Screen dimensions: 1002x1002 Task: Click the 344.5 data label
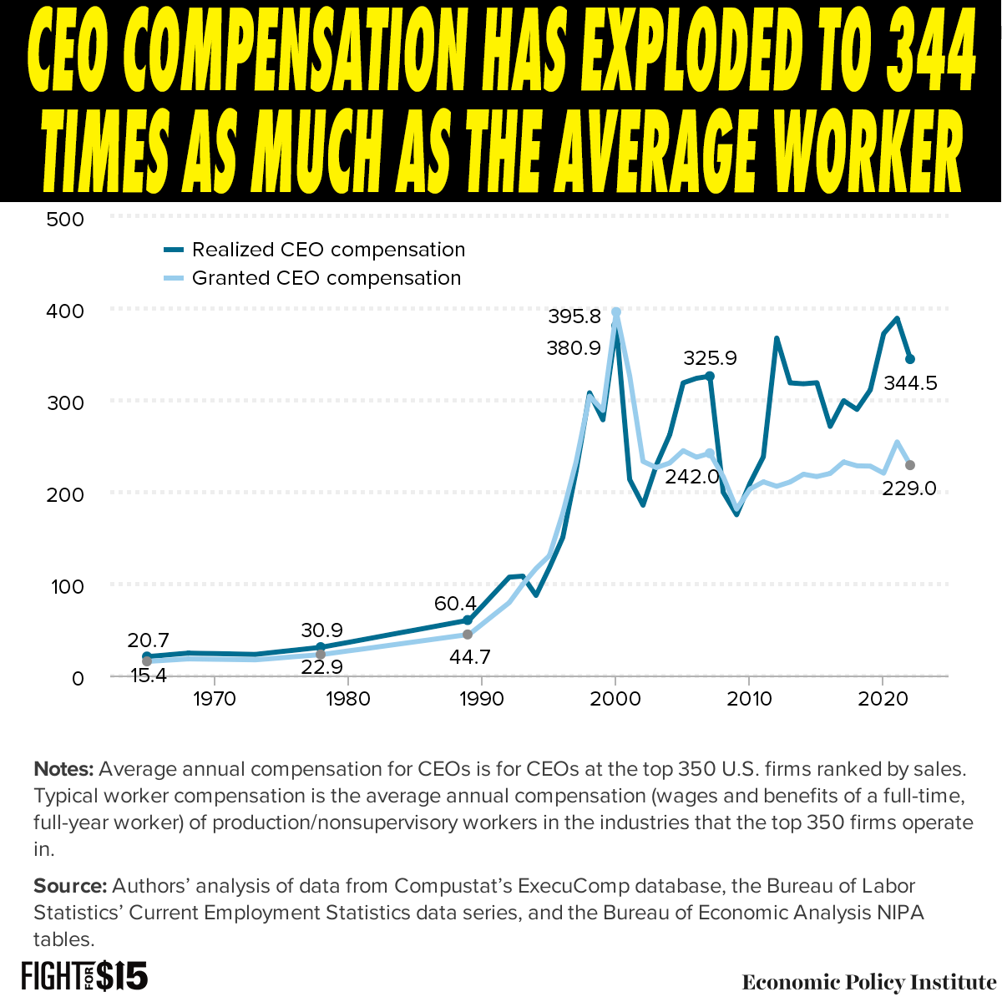(x=910, y=383)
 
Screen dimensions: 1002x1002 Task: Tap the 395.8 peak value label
(x=574, y=317)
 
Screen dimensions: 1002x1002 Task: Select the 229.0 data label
(x=909, y=488)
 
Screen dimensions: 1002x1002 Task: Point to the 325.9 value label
(x=710, y=358)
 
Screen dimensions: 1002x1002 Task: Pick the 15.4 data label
(x=149, y=674)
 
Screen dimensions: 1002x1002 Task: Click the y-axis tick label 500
(x=67, y=220)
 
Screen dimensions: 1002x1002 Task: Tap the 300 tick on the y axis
(x=67, y=403)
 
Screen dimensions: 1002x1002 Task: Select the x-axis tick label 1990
(x=481, y=698)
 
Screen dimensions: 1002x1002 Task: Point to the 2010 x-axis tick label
(x=749, y=698)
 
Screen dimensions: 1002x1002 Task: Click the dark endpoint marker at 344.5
(x=910, y=359)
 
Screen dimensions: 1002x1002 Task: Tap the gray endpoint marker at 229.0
(x=910, y=465)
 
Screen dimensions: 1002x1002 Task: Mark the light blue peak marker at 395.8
(x=616, y=312)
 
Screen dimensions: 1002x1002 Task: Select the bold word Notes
(x=63, y=769)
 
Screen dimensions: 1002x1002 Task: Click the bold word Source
(x=70, y=886)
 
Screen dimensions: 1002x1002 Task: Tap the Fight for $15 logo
(x=83, y=976)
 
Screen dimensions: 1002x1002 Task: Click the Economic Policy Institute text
(x=868, y=982)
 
